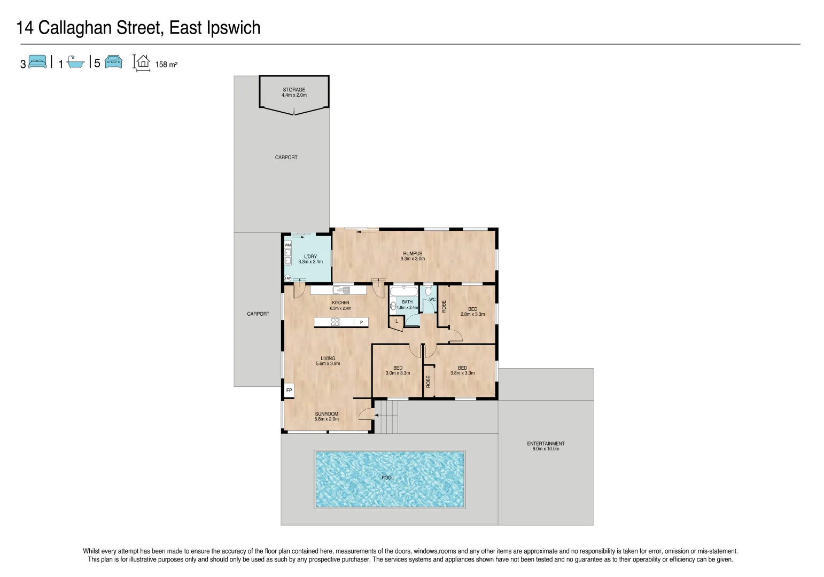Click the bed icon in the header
pyautogui.click(x=37, y=62)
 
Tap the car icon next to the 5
pyautogui.click(x=113, y=62)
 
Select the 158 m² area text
pyautogui.click(x=166, y=65)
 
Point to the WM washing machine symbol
pyautogui.click(x=287, y=245)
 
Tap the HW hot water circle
pyautogui.click(x=287, y=278)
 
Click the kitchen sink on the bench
pyautogui.click(x=341, y=290)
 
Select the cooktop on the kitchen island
pyautogui.click(x=335, y=322)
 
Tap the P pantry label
pyautogui.click(x=361, y=322)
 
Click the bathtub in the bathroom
pyautogui.click(x=403, y=291)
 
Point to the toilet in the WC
pyautogui.click(x=428, y=292)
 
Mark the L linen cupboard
pyautogui.click(x=396, y=321)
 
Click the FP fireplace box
pyautogui.click(x=289, y=391)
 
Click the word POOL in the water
pyautogui.click(x=387, y=478)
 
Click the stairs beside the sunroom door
pyautogui.click(x=387, y=417)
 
